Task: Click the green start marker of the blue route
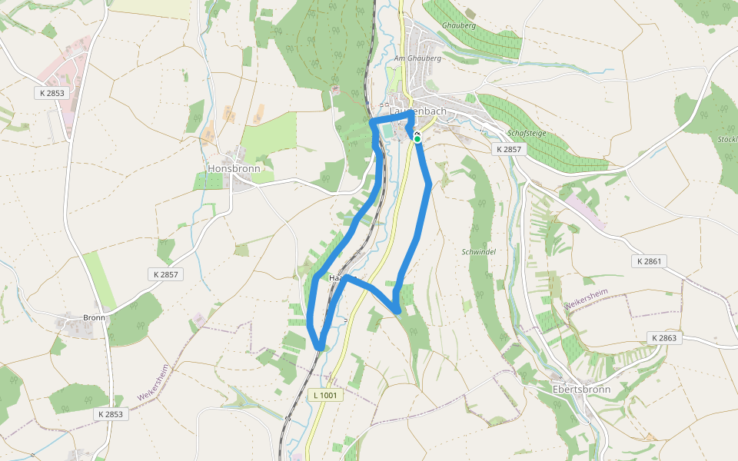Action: tap(417, 139)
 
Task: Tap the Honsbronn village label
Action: tap(234, 168)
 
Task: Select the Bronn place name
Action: tap(94, 317)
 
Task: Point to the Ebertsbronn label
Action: tap(581, 389)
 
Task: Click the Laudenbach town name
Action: tap(417, 111)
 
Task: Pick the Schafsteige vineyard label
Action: tap(527, 133)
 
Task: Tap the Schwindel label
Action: tap(479, 251)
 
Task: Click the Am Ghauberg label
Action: tap(417, 58)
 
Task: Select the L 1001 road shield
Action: tap(325, 395)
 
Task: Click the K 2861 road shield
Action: tap(649, 261)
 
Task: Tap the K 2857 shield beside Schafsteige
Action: tap(509, 149)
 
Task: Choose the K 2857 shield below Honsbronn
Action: tap(165, 274)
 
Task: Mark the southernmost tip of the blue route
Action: tap(319, 348)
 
